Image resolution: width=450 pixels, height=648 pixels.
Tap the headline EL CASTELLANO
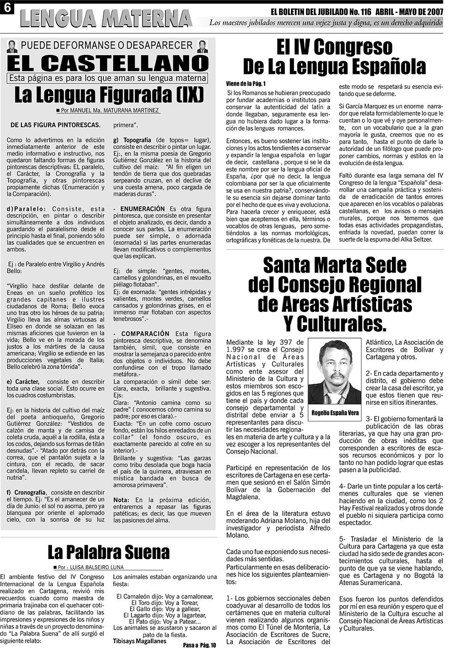108,64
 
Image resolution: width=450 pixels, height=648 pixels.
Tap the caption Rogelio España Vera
335,413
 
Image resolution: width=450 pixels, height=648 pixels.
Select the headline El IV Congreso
334,47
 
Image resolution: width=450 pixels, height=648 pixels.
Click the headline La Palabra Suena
108,552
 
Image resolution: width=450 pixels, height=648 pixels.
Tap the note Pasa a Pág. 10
199,645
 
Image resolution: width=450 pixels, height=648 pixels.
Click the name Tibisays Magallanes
140,641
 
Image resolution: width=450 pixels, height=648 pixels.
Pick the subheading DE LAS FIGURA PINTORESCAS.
55,125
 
